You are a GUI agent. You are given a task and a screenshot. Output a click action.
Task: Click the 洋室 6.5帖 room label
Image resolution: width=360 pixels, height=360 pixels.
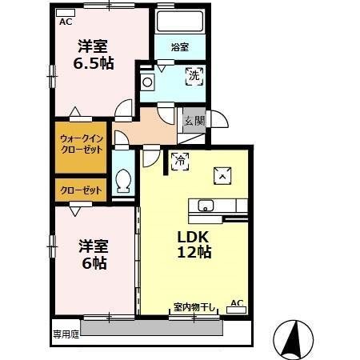point(94,54)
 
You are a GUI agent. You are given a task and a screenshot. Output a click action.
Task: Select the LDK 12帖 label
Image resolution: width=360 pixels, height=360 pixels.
point(194,243)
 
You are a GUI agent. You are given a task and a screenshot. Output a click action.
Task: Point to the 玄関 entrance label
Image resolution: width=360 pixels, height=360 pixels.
point(194,121)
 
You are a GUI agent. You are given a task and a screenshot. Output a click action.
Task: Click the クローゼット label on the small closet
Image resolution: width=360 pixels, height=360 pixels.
point(81,190)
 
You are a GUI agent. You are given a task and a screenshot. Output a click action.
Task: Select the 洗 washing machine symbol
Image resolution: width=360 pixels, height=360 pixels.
point(194,77)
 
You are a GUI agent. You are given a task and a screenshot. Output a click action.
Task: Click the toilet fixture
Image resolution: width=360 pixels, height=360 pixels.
point(123,181)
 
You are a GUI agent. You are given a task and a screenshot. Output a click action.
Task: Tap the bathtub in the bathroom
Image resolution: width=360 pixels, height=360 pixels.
point(181,22)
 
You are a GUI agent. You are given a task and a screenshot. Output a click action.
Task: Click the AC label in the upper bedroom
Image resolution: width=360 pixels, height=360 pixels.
point(66,22)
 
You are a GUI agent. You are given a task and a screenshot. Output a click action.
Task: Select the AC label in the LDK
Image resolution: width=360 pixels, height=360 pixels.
point(236,302)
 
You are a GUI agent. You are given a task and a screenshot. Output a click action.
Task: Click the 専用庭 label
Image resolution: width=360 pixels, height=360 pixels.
point(66,334)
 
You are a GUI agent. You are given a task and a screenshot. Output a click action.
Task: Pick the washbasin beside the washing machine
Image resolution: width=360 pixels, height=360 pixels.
point(148,82)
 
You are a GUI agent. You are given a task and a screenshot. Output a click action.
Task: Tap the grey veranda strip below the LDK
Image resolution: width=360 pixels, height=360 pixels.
point(160,327)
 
